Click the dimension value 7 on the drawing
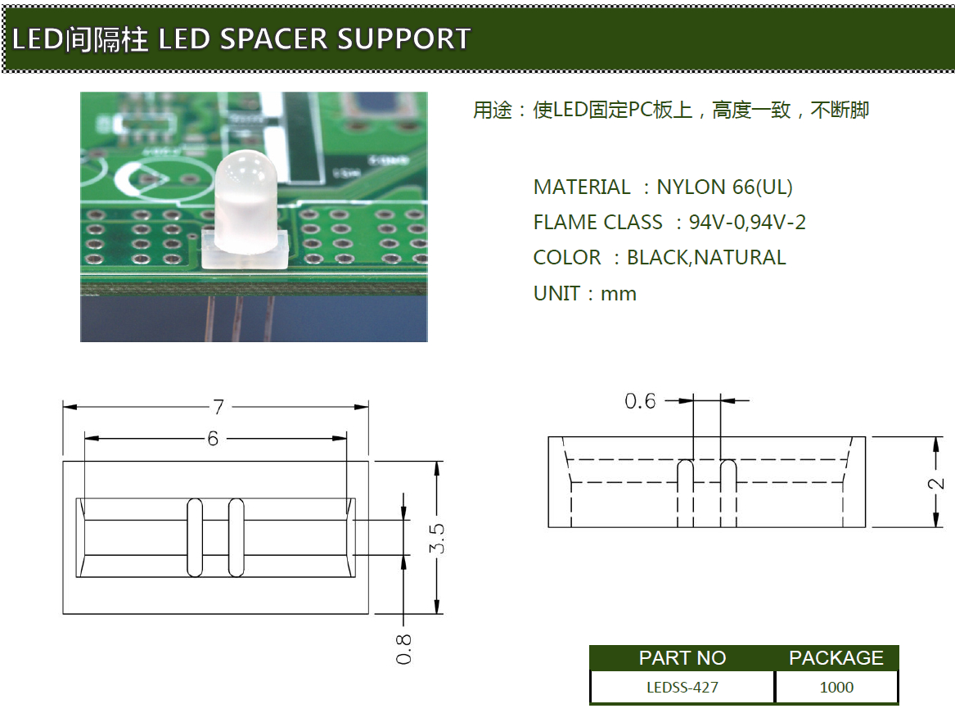(218, 407)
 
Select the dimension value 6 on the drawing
(213, 440)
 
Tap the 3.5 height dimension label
(438, 538)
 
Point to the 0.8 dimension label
(403, 648)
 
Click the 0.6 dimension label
(640, 401)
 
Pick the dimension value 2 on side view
(937, 483)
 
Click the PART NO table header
(682, 658)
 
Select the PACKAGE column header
(836, 658)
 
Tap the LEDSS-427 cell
(682, 687)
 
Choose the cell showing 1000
(836, 687)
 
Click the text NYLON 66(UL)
(724, 187)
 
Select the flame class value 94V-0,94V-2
(747, 223)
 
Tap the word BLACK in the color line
(658, 258)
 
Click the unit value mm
(619, 294)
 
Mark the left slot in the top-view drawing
(195, 537)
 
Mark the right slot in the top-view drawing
(236, 537)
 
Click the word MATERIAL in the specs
(581, 187)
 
